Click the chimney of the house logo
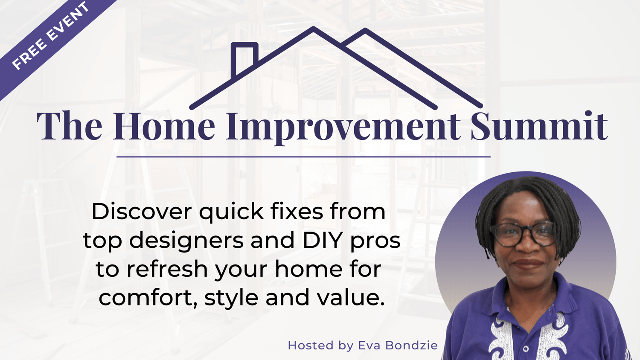click(x=244, y=58)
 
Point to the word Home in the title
click(x=164, y=126)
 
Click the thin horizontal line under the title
click(x=303, y=157)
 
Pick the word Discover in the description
click(x=142, y=212)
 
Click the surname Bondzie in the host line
click(x=411, y=345)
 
